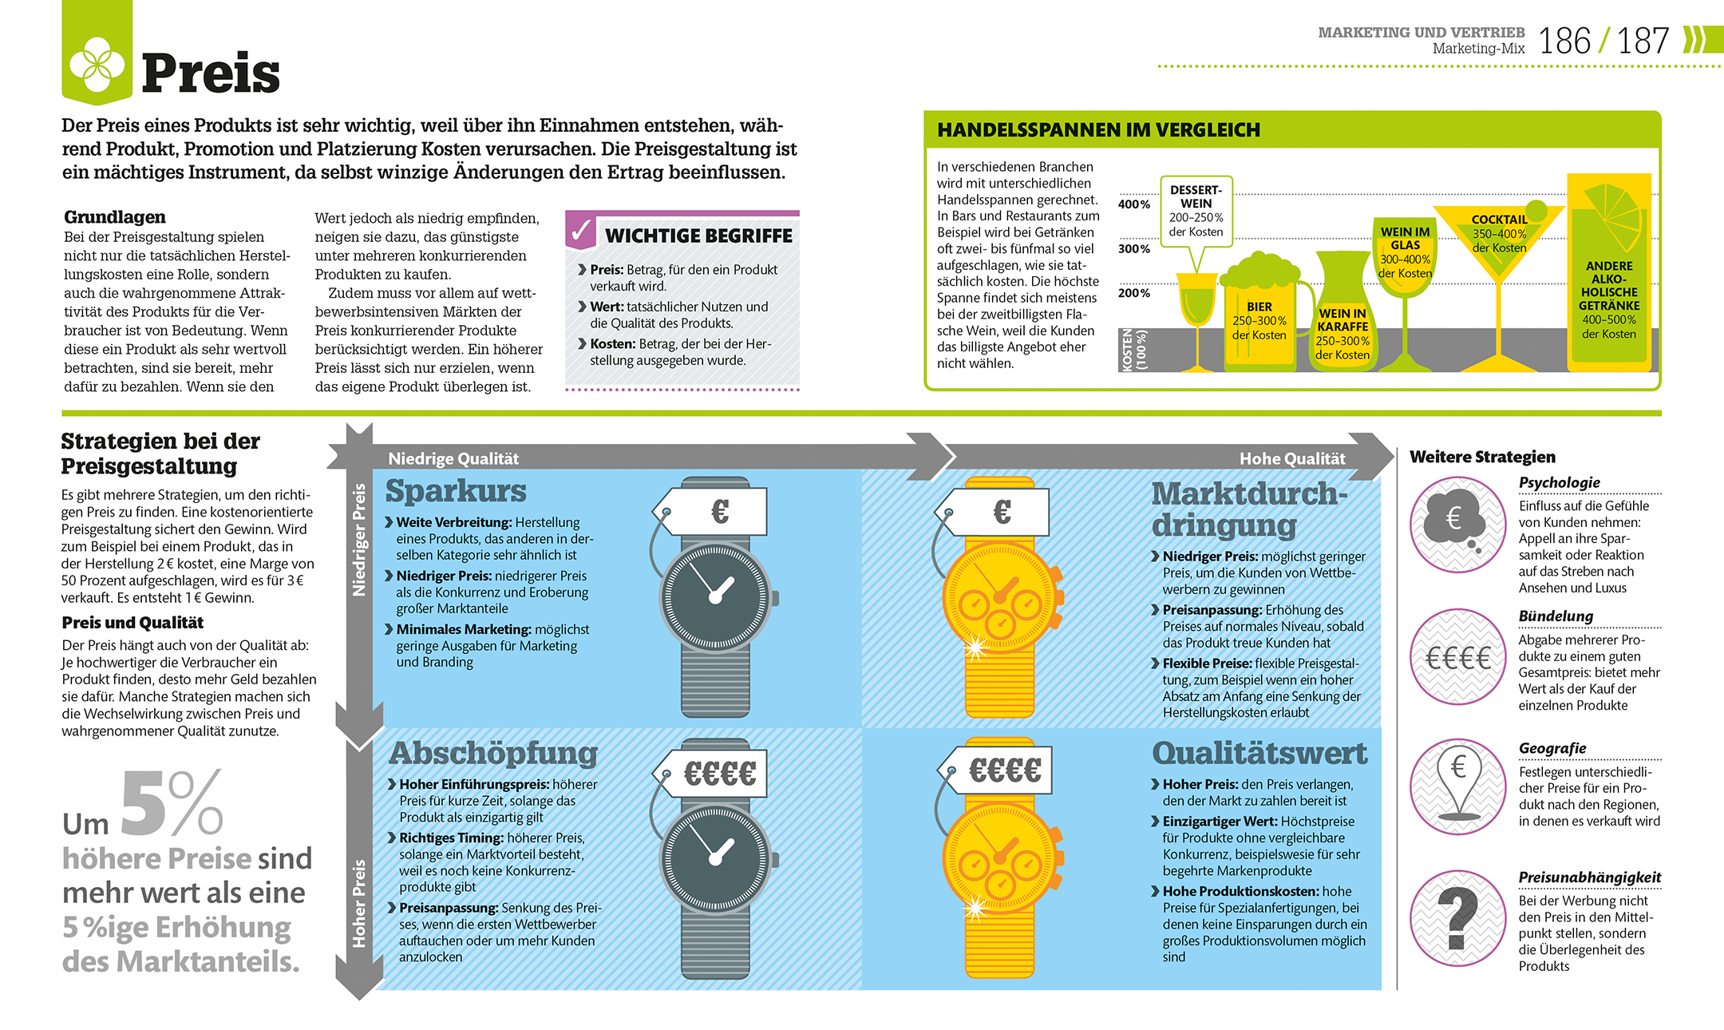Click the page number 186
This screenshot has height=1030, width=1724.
(1564, 42)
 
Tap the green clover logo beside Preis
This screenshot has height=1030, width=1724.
(97, 65)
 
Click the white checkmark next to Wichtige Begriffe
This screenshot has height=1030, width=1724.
(581, 232)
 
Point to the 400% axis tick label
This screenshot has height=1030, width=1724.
(1133, 204)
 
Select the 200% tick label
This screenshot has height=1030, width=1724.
(1133, 293)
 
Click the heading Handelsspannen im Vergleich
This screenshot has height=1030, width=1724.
(1098, 130)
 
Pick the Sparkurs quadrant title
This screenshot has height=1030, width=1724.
(456, 491)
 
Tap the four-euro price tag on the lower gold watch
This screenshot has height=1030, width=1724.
(1004, 771)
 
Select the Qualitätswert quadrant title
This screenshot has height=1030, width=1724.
(1259, 753)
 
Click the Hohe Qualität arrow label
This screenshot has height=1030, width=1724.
(1291, 458)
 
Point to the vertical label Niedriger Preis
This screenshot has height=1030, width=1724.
(359, 540)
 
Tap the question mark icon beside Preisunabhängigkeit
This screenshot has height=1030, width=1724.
(1457, 918)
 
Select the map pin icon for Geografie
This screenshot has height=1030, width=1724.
(1457, 786)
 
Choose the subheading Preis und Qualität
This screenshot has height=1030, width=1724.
(132, 623)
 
